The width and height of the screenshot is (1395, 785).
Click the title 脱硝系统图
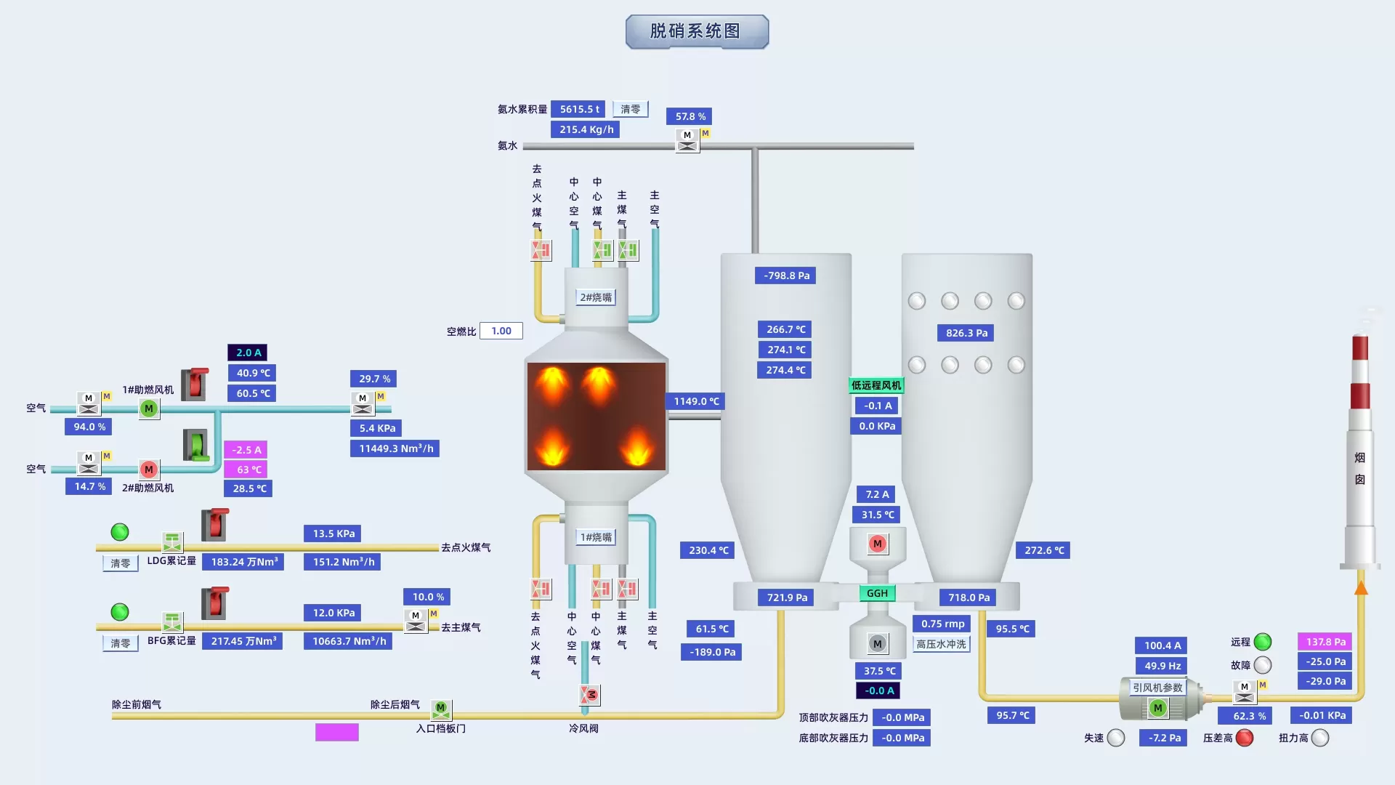click(696, 31)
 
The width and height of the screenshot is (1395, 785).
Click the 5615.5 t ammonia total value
click(580, 109)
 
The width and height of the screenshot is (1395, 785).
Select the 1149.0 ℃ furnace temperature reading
click(695, 401)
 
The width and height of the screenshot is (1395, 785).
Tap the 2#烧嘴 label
click(596, 297)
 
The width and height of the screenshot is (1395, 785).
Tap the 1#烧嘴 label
click(596, 537)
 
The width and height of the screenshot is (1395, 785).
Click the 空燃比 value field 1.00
click(501, 331)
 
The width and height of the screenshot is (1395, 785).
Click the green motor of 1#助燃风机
click(149, 408)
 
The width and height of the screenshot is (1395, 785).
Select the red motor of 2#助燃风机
click(149, 470)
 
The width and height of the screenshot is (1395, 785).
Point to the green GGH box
click(877, 593)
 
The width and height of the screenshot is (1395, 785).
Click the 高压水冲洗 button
click(941, 644)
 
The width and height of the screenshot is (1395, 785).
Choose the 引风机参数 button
click(1157, 688)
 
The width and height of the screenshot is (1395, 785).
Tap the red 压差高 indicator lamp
click(1245, 738)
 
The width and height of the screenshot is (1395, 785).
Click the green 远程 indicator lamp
click(1263, 642)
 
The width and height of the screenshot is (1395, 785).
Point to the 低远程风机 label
click(876, 385)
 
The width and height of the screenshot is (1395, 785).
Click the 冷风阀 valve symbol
click(590, 695)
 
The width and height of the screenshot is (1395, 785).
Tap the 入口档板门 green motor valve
click(441, 709)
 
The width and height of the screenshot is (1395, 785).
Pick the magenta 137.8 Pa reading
click(1325, 642)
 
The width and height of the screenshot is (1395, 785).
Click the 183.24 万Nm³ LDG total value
click(243, 562)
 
